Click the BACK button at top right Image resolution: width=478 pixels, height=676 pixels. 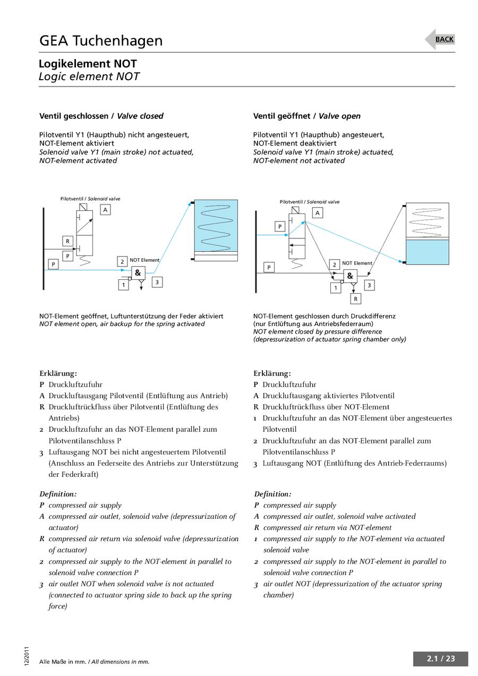(444, 39)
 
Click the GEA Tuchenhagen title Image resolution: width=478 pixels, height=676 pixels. (101, 41)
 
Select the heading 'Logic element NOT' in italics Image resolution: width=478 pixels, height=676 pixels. (89, 76)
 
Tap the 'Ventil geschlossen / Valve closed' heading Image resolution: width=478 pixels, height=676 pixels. (101, 116)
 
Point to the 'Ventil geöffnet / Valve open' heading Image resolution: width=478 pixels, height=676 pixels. (307, 116)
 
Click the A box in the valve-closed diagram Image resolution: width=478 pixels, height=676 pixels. (106, 210)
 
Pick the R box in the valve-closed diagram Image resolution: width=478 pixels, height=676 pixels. (67, 241)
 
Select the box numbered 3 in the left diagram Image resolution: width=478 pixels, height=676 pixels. (157, 283)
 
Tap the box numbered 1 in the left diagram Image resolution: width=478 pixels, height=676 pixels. (123, 285)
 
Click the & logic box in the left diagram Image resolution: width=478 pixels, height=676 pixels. (138, 273)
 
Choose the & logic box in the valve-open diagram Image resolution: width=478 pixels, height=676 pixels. (350, 276)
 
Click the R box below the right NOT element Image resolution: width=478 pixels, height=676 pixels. (355, 299)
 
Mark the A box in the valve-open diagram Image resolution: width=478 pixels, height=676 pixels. (318, 213)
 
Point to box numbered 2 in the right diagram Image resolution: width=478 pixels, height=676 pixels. (335, 264)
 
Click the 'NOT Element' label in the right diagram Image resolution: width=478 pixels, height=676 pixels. (357, 263)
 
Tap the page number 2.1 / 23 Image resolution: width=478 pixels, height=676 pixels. (441, 659)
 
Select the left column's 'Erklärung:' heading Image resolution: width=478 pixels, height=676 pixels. (58, 373)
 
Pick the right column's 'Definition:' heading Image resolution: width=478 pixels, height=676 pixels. (272, 494)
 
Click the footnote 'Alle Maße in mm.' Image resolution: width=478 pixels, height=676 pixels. (63, 662)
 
